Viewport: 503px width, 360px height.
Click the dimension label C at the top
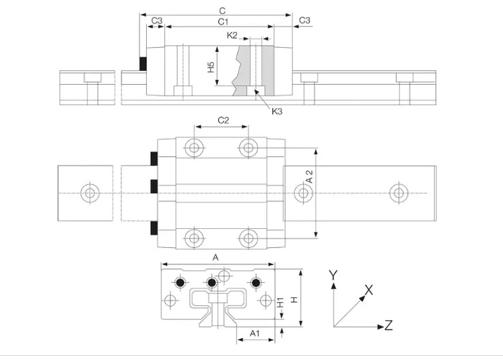(x=222, y=11)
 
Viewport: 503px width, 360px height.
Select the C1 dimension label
(x=222, y=22)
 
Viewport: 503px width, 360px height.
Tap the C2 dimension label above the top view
(x=223, y=120)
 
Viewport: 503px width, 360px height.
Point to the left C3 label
(x=156, y=20)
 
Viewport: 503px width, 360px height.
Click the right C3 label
(x=304, y=20)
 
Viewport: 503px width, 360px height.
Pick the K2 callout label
(x=232, y=35)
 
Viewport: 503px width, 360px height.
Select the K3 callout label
(x=276, y=111)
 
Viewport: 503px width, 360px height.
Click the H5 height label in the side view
(x=212, y=67)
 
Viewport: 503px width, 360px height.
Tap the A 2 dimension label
(x=309, y=176)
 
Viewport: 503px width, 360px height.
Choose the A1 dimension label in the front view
(x=255, y=333)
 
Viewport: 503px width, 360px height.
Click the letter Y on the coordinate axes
(x=332, y=275)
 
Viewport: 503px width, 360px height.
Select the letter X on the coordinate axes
(x=369, y=290)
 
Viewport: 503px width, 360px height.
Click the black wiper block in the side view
(x=143, y=63)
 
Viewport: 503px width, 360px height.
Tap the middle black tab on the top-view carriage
(x=155, y=186)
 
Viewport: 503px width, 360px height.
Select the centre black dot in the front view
(x=212, y=283)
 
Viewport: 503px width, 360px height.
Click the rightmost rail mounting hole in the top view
(x=397, y=193)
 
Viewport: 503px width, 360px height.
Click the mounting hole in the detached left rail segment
(x=88, y=193)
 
